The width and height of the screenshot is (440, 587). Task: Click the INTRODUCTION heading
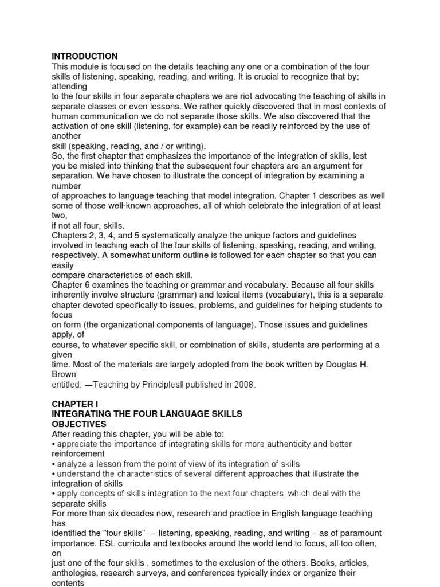point(85,56)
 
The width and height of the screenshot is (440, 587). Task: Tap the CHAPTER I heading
point(73,404)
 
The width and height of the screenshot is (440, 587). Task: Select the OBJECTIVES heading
point(79,424)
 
